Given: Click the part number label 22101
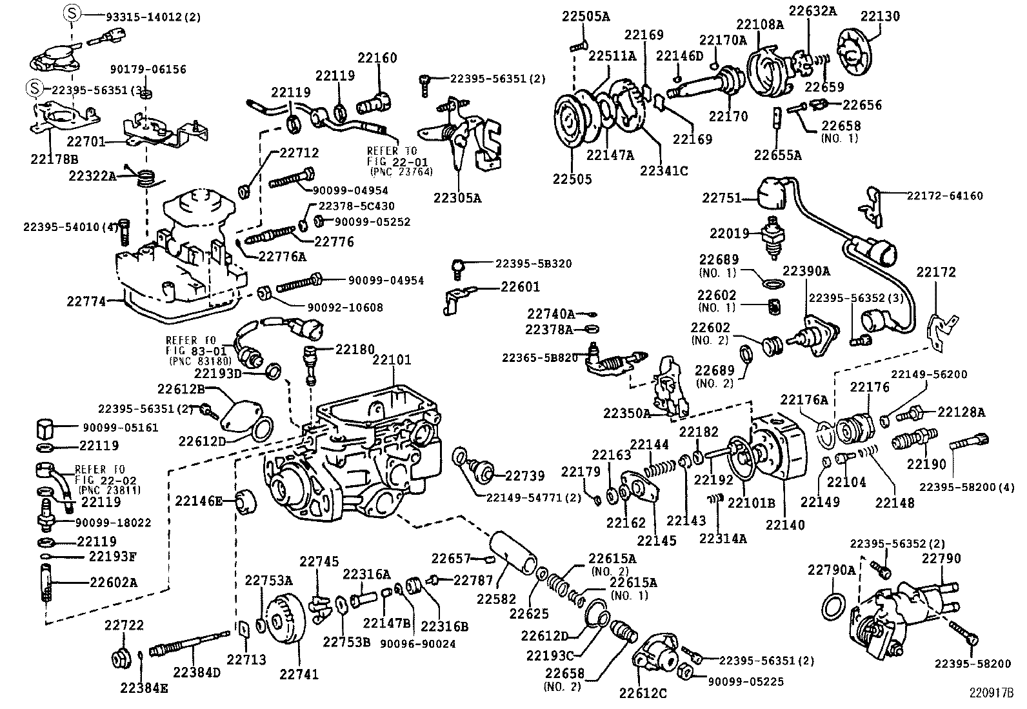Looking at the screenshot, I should pyautogui.click(x=391, y=360).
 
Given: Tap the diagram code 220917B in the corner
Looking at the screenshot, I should pyautogui.click(x=991, y=695).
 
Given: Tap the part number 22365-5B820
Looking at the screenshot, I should pyautogui.click(x=540, y=357).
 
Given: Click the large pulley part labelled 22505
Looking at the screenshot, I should pyautogui.click(x=572, y=123).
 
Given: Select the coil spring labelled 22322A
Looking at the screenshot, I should pyautogui.click(x=149, y=176).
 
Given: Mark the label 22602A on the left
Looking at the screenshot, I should pyautogui.click(x=114, y=583).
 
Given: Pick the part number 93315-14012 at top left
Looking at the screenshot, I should pyautogui.click(x=144, y=17).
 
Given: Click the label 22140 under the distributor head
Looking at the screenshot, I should pyautogui.click(x=785, y=524).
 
